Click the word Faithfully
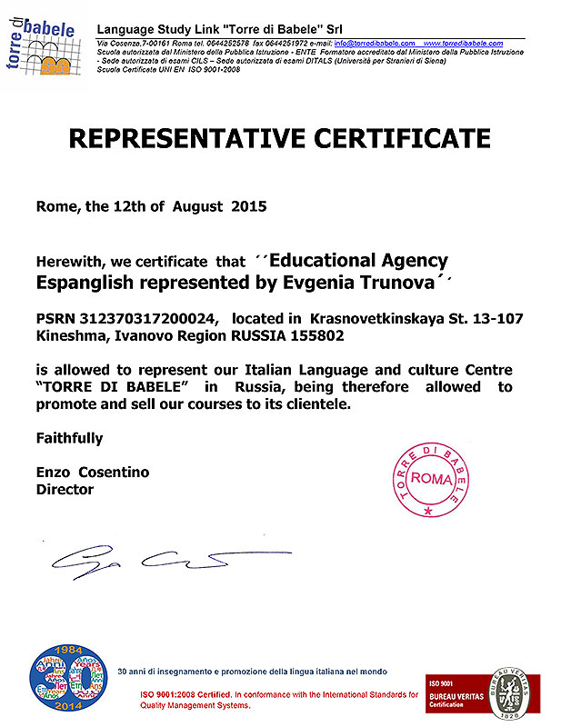point(69,438)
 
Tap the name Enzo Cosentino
point(92,473)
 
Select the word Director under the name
point(64,489)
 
